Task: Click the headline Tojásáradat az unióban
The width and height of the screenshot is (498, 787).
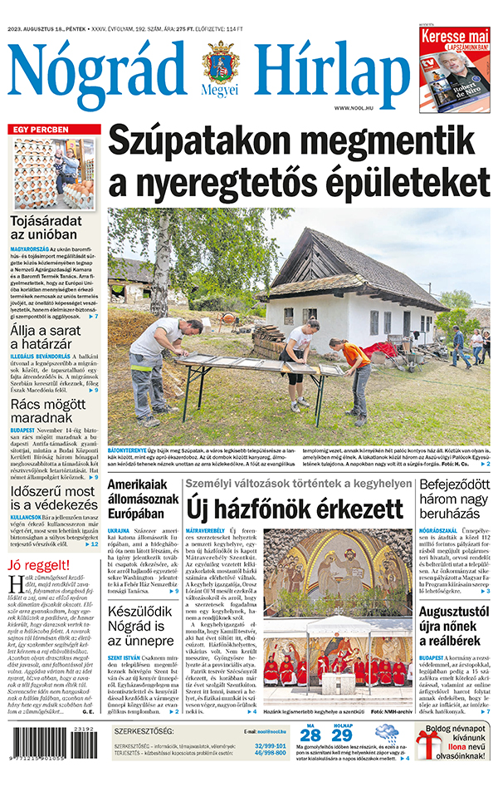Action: click(46, 229)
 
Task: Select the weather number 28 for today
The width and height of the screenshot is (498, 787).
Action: click(310, 735)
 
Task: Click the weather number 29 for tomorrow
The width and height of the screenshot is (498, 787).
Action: click(342, 735)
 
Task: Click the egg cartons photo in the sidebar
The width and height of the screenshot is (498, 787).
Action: click(55, 175)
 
